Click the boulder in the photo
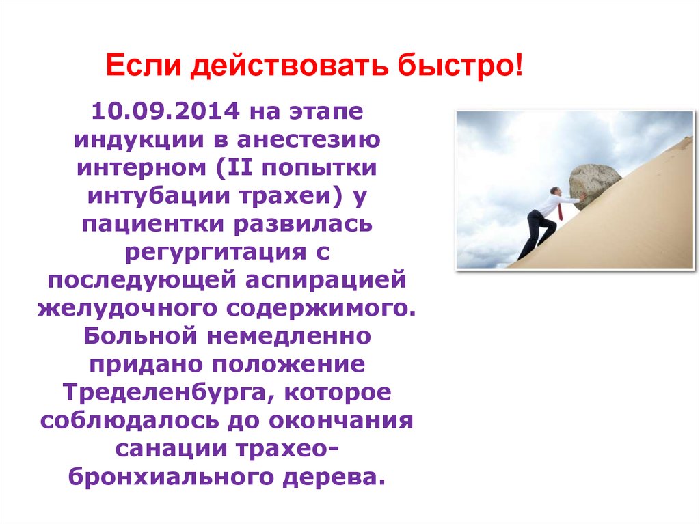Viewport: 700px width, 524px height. [594, 184]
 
